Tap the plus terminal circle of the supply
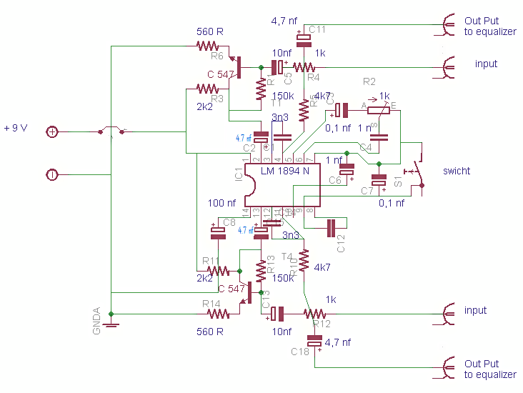pyautogui.click(x=52, y=131)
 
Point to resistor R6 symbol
pyautogui.click(x=209, y=46)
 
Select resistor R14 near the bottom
pyautogui.click(x=214, y=314)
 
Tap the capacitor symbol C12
pyautogui.click(x=330, y=228)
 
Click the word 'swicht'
pyautogui.click(x=457, y=171)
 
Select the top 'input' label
pyautogui.click(x=486, y=64)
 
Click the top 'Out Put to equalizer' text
pyautogui.click(x=489, y=26)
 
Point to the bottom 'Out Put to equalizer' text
pyautogui.click(x=489, y=369)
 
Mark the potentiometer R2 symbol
pyautogui.click(x=377, y=109)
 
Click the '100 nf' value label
pyautogui.click(x=222, y=204)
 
